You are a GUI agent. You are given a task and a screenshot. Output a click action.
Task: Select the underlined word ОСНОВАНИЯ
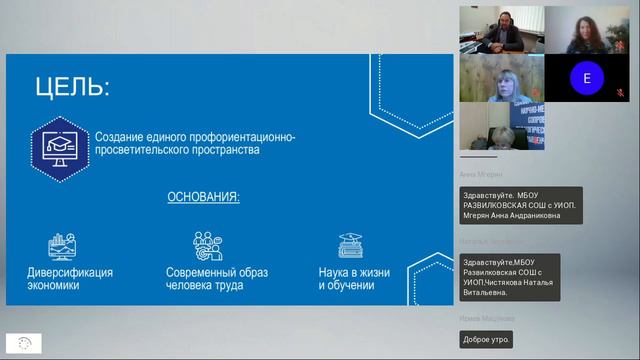[203, 197]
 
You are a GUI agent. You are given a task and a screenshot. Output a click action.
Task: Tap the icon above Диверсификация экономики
[62, 245]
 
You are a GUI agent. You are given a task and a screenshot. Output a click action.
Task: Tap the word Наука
[336, 272]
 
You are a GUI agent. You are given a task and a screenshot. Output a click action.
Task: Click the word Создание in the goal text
[120, 136]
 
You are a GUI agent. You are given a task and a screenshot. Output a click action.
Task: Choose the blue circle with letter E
[587, 77]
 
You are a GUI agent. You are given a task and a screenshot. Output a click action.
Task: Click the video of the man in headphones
[501, 29]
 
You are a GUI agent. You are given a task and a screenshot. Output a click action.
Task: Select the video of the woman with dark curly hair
[586, 29]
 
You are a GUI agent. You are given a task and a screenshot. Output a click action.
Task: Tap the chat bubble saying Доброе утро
[487, 339]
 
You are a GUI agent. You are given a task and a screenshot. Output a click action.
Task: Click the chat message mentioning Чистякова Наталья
[509, 277]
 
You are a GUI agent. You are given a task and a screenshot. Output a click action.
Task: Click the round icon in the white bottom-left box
[24, 342]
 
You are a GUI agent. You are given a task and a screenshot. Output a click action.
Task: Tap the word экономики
[53, 286]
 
